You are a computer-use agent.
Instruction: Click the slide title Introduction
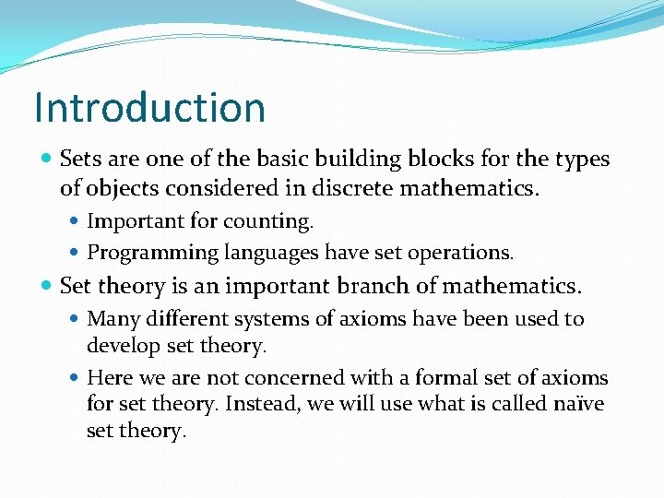(x=149, y=107)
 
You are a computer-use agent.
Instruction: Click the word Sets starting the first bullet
(x=79, y=159)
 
